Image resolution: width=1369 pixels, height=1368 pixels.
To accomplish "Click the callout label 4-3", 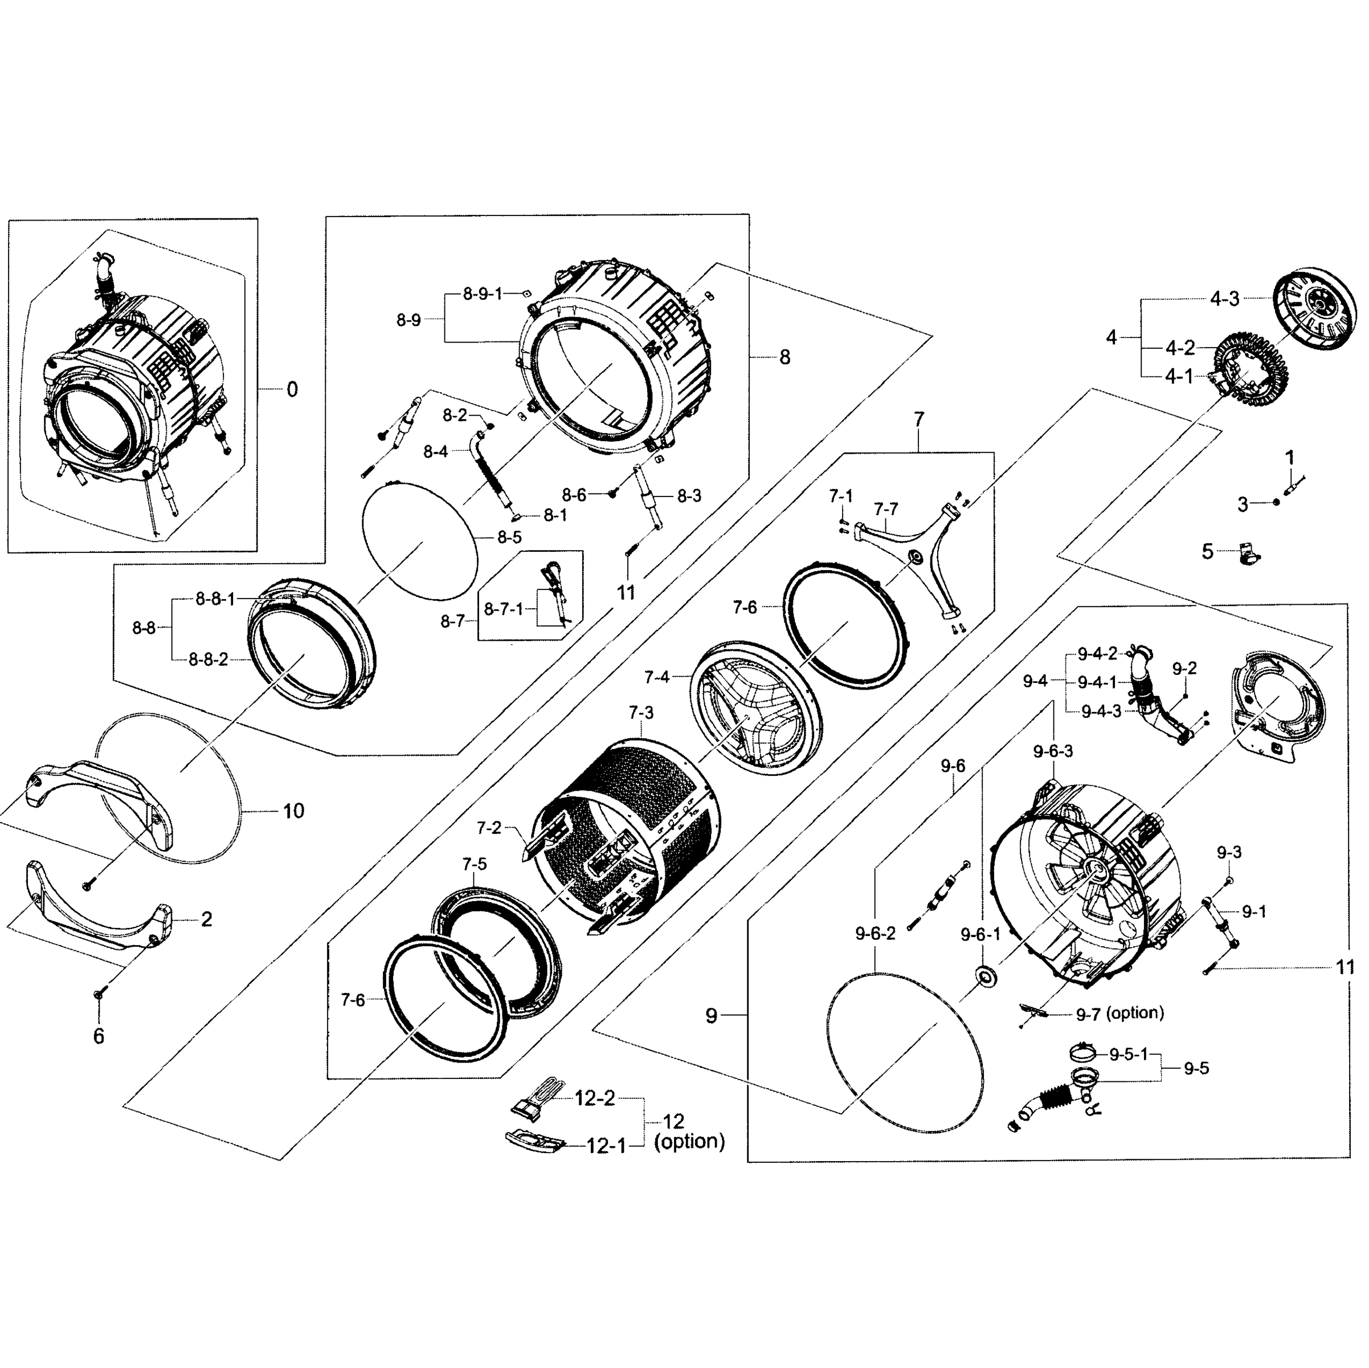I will point(1224,299).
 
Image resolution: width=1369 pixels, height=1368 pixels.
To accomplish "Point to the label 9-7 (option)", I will point(1119,1013).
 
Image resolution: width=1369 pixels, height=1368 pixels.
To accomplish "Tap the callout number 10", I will point(293,811).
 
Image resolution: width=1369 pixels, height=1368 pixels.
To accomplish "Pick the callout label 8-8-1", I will point(215,600).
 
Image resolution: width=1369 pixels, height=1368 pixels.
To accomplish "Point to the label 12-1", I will point(606,1146).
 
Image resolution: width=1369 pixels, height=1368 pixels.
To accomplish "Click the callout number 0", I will point(292,389).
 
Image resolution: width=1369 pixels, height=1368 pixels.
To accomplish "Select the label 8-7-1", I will point(503,609).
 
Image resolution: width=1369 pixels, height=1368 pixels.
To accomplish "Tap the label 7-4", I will point(657,678).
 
